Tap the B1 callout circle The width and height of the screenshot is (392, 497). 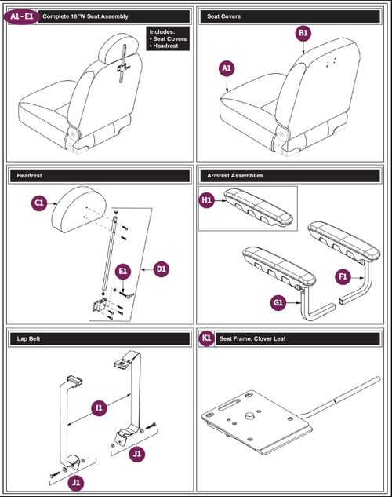(303, 34)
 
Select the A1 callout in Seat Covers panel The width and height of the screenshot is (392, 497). (227, 69)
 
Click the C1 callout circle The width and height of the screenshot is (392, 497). (39, 203)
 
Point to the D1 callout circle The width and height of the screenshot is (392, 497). (162, 269)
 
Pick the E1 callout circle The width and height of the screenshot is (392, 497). (123, 271)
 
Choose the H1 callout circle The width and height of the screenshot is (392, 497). (207, 201)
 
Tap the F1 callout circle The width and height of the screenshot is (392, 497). (343, 276)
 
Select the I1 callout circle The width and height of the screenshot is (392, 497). (99, 407)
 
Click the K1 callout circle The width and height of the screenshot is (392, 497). (207, 338)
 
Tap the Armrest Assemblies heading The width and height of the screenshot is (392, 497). (235, 177)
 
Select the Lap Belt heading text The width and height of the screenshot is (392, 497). (30, 339)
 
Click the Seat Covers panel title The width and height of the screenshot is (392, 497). (224, 16)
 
